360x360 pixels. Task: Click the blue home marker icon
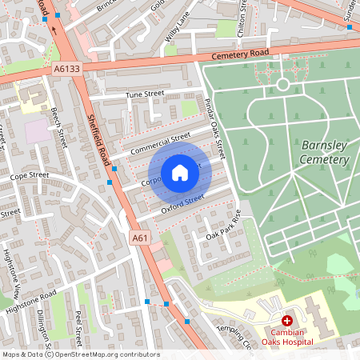tap(180, 173)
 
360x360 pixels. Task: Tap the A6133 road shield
tap(67, 70)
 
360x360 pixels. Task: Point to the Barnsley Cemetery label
tap(325, 152)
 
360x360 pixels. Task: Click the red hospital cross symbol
tap(286, 320)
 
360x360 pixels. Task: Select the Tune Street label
tap(144, 94)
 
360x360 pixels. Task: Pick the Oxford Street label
tap(178, 204)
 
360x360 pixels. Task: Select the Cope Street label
tap(30, 174)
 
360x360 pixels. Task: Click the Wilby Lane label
tap(178, 32)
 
